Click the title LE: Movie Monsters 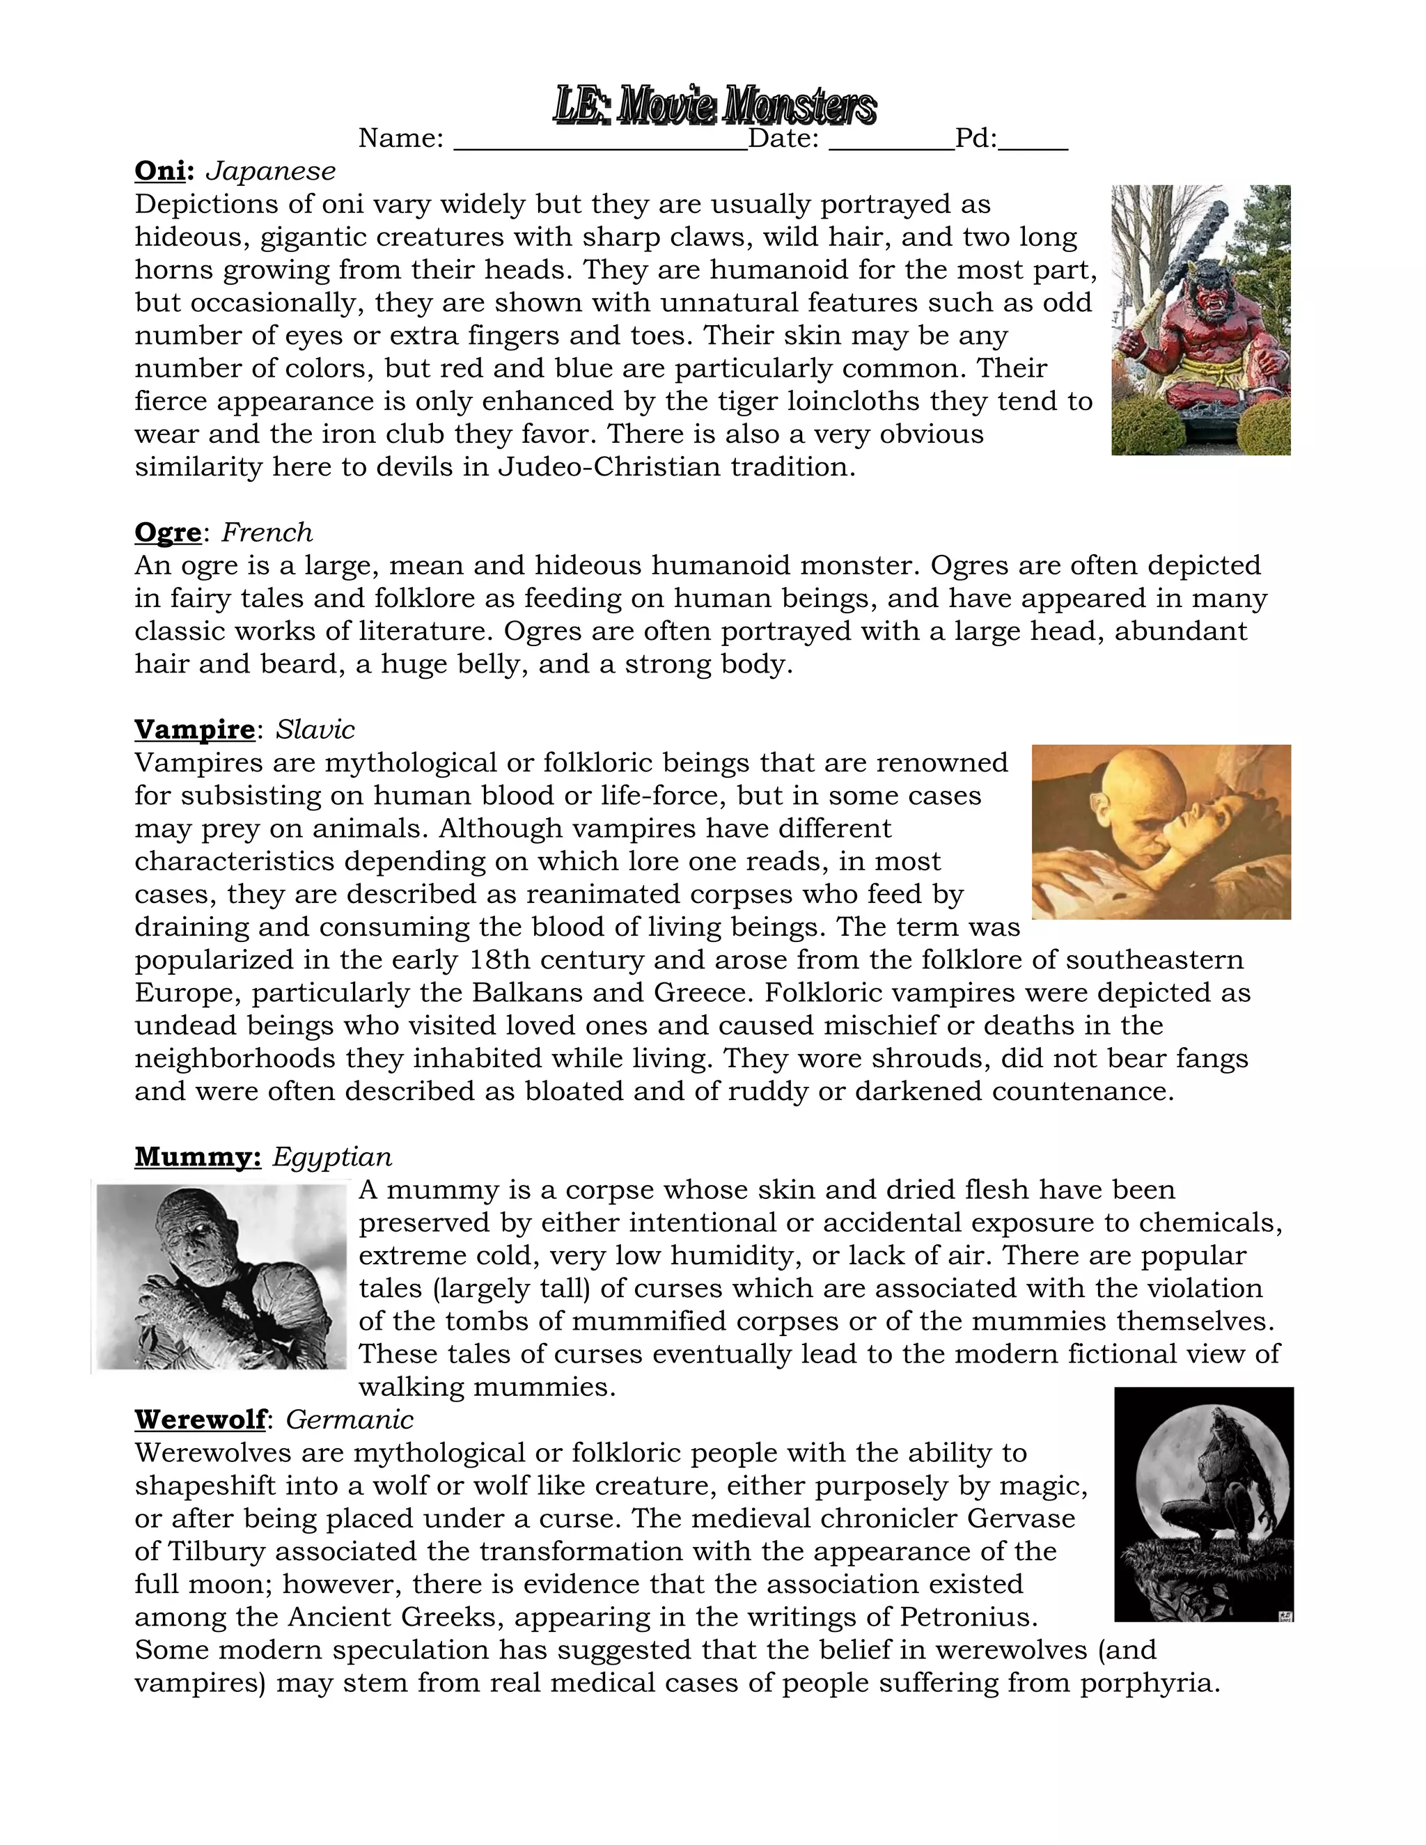click(x=714, y=107)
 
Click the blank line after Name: click(x=600, y=143)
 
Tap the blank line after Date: click(x=891, y=143)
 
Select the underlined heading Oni click(x=159, y=171)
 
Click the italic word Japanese click(x=270, y=171)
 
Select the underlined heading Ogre click(x=168, y=533)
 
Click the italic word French click(x=267, y=533)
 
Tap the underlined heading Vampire click(x=194, y=730)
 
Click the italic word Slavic click(x=315, y=730)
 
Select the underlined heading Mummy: click(x=198, y=1156)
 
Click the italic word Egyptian click(x=332, y=1156)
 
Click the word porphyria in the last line click(x=1149, y=1683)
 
